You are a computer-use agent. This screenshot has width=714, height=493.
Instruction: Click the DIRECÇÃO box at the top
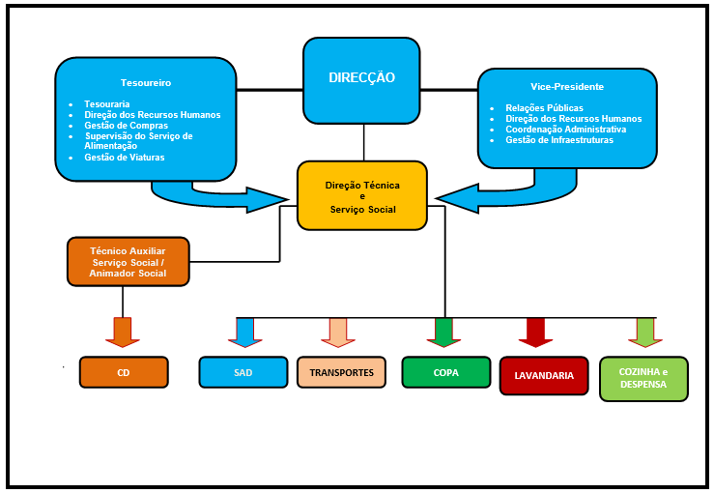tap(362, 77)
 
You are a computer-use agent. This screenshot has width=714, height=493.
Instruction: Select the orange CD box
tap(124, 372)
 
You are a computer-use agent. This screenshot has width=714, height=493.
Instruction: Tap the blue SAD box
tap(243, 372)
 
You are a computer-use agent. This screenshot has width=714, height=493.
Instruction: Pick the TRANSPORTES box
tap(341, 372)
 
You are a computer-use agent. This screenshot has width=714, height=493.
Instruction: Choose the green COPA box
tap(445, 372)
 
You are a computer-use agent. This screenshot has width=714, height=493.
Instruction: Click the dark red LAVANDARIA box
tap(544, 375)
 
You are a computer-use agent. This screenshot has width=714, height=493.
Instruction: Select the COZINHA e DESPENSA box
tap(643, 378)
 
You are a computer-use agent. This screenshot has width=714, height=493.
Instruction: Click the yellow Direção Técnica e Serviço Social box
tap(362, 195)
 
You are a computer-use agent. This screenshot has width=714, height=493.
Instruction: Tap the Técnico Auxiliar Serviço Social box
tap(129, 262)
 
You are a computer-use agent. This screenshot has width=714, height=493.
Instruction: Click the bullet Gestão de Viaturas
tap(125, 157)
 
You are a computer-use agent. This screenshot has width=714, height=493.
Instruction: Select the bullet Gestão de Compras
tap(126, 126)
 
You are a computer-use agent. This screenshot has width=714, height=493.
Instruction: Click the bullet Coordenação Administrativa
tap(565, 130)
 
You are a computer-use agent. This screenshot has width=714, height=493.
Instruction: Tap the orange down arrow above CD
tap(123, 332)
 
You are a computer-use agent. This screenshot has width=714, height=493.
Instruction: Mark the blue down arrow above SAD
tap(244, 332)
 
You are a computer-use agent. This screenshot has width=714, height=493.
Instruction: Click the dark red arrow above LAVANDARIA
tap(535, 332)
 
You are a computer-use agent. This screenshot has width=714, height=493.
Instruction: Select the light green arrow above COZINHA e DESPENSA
tap(645, 332)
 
